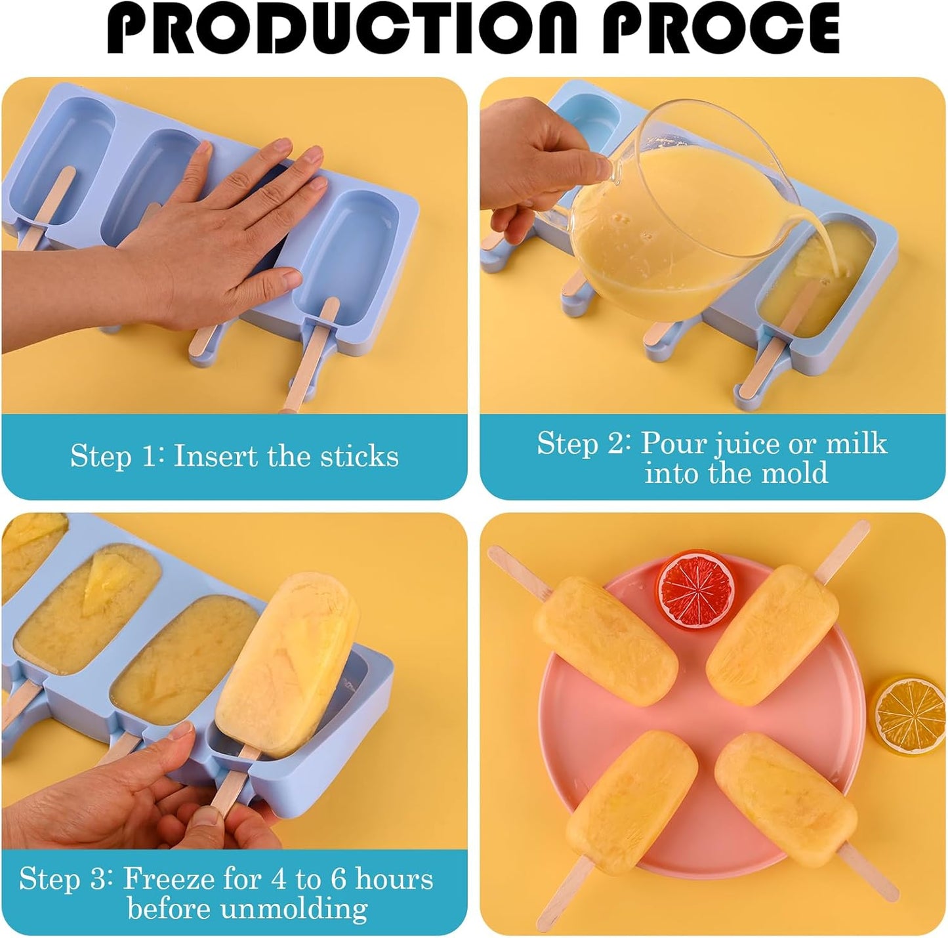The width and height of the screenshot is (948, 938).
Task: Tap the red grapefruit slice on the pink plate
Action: (x=697, y=588)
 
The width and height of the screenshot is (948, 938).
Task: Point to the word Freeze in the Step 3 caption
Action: (x=169, y=879)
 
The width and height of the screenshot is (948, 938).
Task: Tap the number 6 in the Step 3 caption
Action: (x=338, y=879)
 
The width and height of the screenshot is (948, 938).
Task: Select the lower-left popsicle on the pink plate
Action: (x=631, y=794)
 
